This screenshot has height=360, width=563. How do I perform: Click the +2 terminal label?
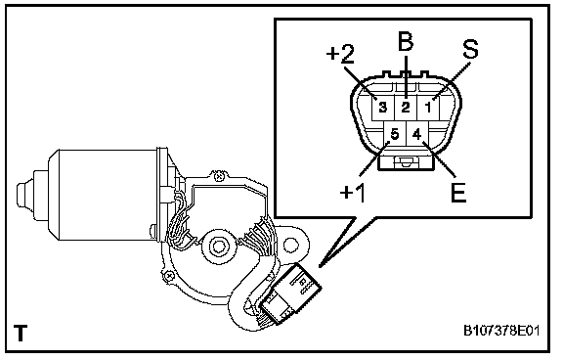pyautogui.click(x=340, y=54)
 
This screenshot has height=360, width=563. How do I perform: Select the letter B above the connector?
pyautogui.click(x=406, y=41)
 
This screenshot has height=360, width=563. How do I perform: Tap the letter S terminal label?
pyautogui.click(x=470, y=49)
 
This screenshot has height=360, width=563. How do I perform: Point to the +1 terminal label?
pyautogui.click(x=353, y=192)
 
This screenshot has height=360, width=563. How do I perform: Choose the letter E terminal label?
pyautogui.click(x=457, y=193)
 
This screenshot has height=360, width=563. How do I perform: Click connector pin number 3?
pyautogui.click(x=383, y=107)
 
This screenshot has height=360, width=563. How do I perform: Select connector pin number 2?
pyautogui.click(x=406, y=107)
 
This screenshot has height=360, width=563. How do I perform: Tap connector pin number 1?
pyautogui.click(x=428, y=107)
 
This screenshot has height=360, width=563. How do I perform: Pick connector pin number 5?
pyautogui.click(x=394, y=134)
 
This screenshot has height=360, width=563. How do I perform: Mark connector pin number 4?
pyautogui.click(x=416, y=134)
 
